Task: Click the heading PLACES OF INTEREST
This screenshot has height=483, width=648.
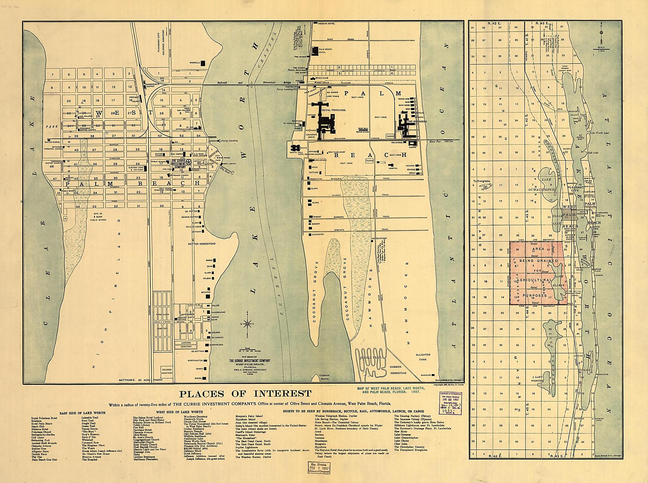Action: point(245,394)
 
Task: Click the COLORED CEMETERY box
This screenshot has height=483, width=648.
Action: point(167,371)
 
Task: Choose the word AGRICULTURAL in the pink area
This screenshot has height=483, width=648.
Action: point(534,280)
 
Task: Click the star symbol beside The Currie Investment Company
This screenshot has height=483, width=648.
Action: point(189,162)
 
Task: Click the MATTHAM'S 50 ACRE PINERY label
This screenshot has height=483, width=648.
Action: point(140,380)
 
